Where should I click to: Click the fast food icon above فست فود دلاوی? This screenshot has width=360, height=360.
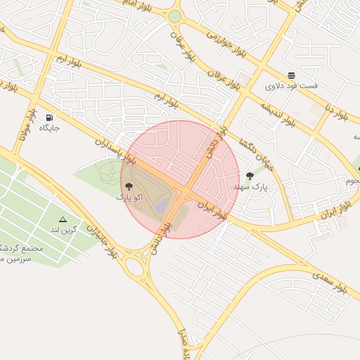point(292,75)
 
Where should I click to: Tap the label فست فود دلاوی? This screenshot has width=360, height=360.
point(291,86)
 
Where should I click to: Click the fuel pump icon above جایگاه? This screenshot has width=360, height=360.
point(49,117)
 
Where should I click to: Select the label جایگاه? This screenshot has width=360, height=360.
point(49,128)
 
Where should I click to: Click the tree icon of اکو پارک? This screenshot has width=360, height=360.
point(129,186)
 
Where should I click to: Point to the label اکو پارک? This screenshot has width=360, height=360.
point(129,198)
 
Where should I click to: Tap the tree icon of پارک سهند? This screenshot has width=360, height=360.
point(250,176)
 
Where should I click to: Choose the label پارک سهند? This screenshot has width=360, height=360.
point(250,187)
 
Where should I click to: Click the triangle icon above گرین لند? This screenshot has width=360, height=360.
point(63,219)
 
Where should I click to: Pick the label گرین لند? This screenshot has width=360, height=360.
point(63,230)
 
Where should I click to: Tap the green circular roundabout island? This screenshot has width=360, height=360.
point(174,16)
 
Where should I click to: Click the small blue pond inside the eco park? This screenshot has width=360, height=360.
point(162,206)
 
